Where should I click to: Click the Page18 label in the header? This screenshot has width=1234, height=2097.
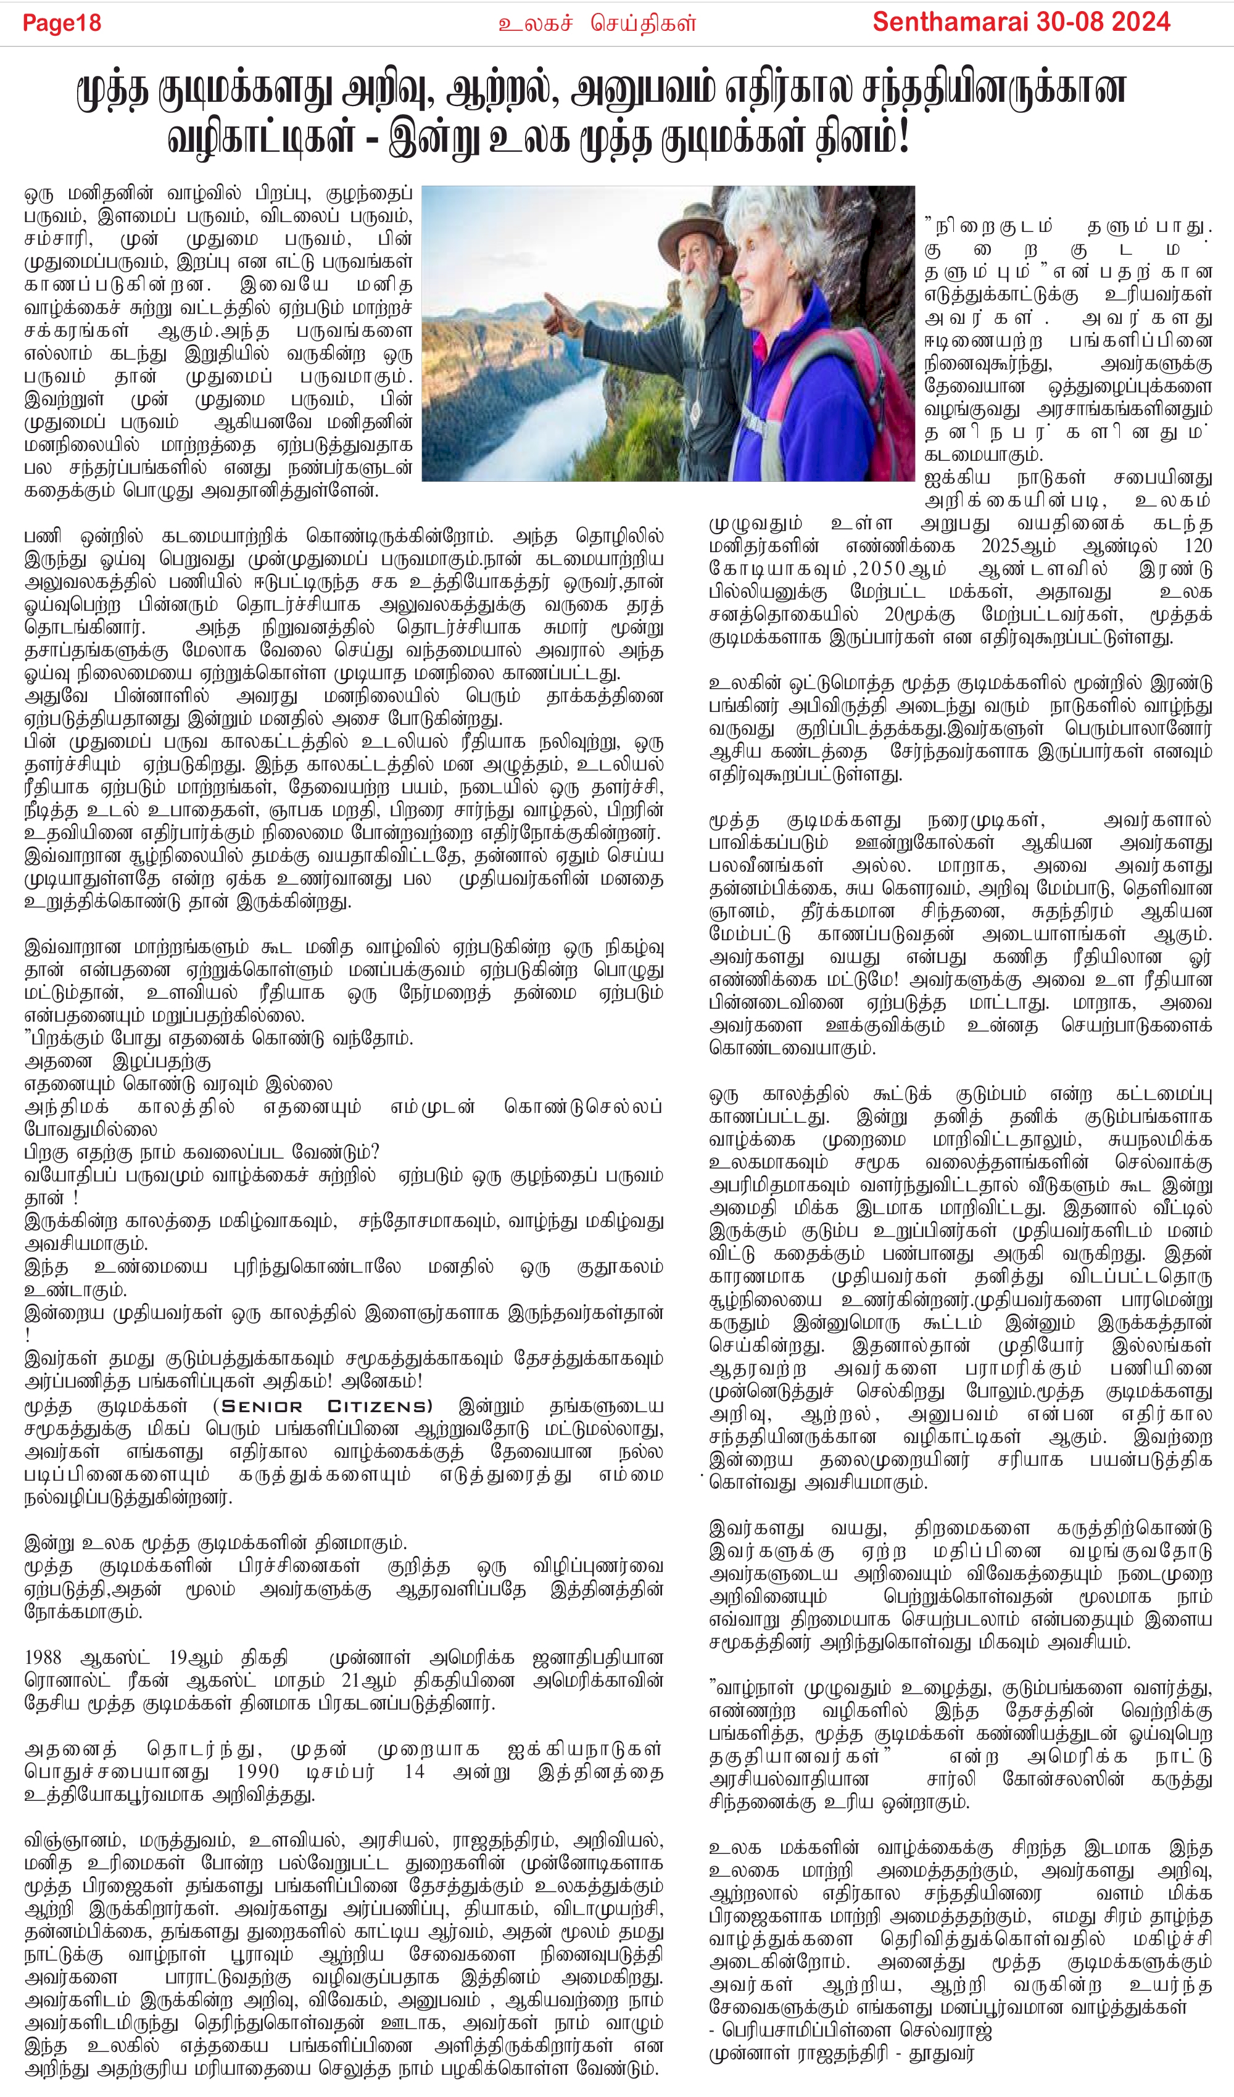click(x=62, y=22)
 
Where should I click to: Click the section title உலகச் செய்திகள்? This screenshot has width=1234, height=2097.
click(x=597, y=23)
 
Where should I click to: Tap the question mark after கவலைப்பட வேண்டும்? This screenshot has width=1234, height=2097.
click(x=375, y=1152)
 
